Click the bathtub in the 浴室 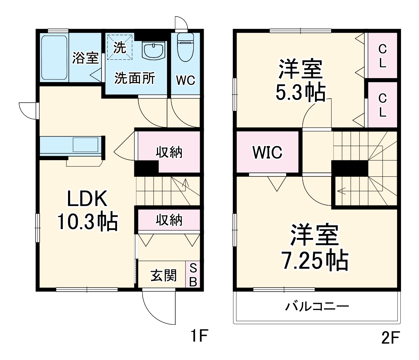pos(54,58)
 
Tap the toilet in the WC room pos(185,47)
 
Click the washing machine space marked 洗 pos(120,47)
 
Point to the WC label pos(185,80)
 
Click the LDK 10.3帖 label pos(87,210)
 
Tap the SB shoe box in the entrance pos(193,274)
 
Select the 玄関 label pos(163,275)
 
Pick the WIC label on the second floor pos(267,152)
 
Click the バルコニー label pos(317,306)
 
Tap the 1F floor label pos(199,336)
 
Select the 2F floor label pos(390,338)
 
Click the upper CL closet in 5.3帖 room pos(382,55)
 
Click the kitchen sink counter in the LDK pos(71,146)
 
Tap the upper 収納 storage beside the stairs pos(169,152)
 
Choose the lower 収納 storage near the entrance pos(169,220)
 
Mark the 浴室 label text pos(86,58)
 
